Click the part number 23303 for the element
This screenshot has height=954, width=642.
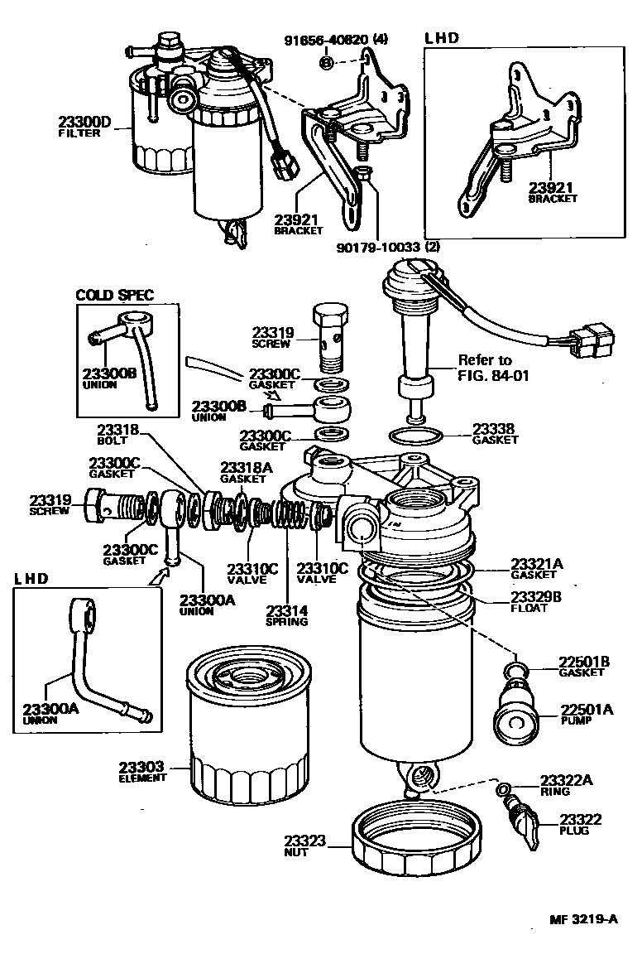142,767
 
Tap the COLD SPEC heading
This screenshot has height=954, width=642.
115,295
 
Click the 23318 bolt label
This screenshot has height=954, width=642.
117,430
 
